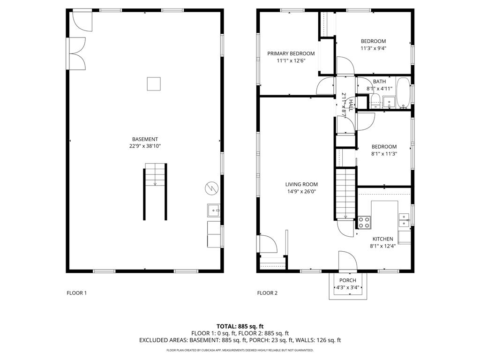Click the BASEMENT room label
145,139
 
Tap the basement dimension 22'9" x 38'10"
145,146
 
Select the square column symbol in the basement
154,83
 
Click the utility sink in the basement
214,211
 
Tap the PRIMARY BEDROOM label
291,53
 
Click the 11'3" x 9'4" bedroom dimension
373,48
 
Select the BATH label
379,82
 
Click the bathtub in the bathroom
403,92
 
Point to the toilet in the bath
375,99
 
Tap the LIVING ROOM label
301,184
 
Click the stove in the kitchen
364,222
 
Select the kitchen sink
404,217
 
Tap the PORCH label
347,280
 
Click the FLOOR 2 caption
267,293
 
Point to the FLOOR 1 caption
76,293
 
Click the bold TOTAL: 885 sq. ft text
240,326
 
